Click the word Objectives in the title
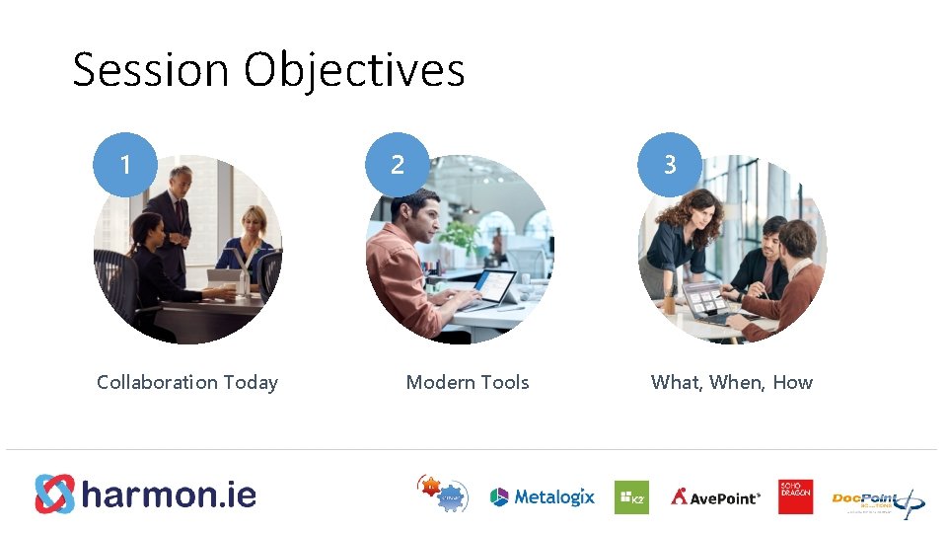[354, 71]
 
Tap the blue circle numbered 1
[125, 164]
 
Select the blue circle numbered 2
[398, 164]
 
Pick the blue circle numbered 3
[670, 164]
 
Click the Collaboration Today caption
[187, 382]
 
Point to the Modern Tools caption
[468, 382]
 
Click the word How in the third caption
[792, 382]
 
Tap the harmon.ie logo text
[169, 495]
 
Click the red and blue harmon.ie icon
[54, 495]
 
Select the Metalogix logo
[543, 497]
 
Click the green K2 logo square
[631, 497]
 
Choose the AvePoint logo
[716, 497]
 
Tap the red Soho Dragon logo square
[795, 496]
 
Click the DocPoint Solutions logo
[877, 500]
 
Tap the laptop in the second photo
[487, 290]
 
